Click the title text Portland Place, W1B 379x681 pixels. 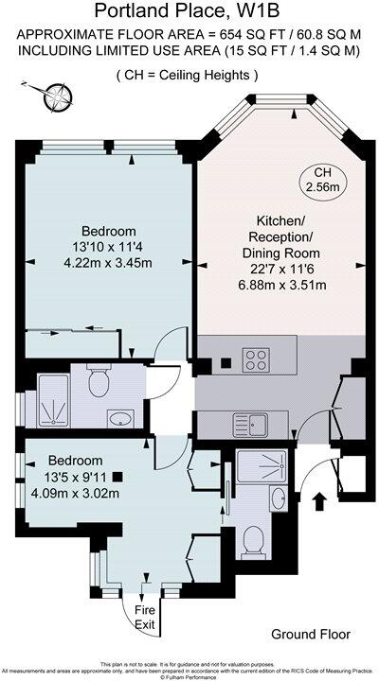189,10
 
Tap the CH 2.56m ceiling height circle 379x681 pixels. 321,181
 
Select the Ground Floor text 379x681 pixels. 310,634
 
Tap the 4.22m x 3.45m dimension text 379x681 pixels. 107,266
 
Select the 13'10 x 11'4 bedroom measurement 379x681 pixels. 107,249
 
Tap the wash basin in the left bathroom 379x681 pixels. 119,418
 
